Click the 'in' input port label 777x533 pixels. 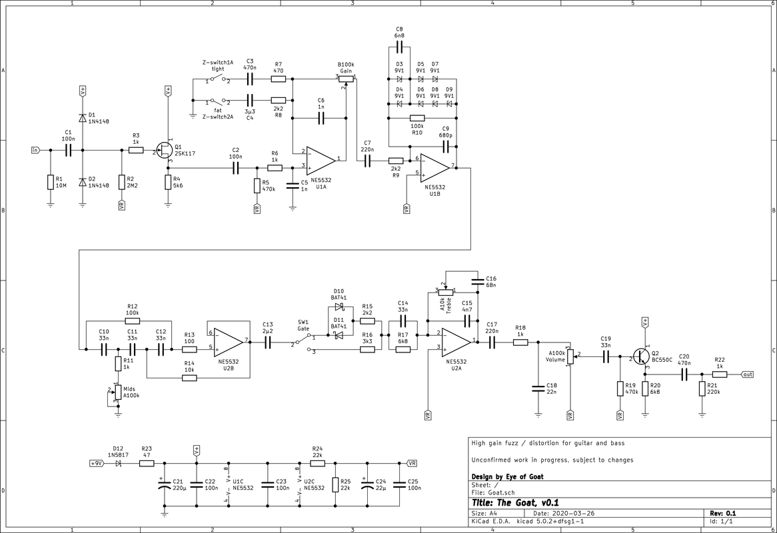pyautogui.click(x=35, y=150)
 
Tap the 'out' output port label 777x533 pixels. pyautogui.click(x=747, y=374)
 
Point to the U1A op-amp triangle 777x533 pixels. pyautogui.click(x=321, y=159)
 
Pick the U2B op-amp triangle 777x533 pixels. pyautogui.click(x=229, y=342)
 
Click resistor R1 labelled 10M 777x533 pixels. pyautogui.click(x=50, y=183)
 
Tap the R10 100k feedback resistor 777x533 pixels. pyautogui.click(x=417, y=118)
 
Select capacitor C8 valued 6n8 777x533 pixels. pyautogui.click(x=400, y=48)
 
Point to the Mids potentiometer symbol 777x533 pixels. pyautogui.click(x=118, y=392)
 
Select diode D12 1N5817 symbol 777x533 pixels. pyautogui.click(x=119, y=463)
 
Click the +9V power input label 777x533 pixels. pyautogui.click(x=97, y=463)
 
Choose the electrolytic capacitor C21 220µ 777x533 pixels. pyautogui.click(x=165, y=485)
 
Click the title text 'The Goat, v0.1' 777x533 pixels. pyautogui.click(x=515, y=503)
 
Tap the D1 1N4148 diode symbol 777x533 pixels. pyautogui.click(x=82, y=117)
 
